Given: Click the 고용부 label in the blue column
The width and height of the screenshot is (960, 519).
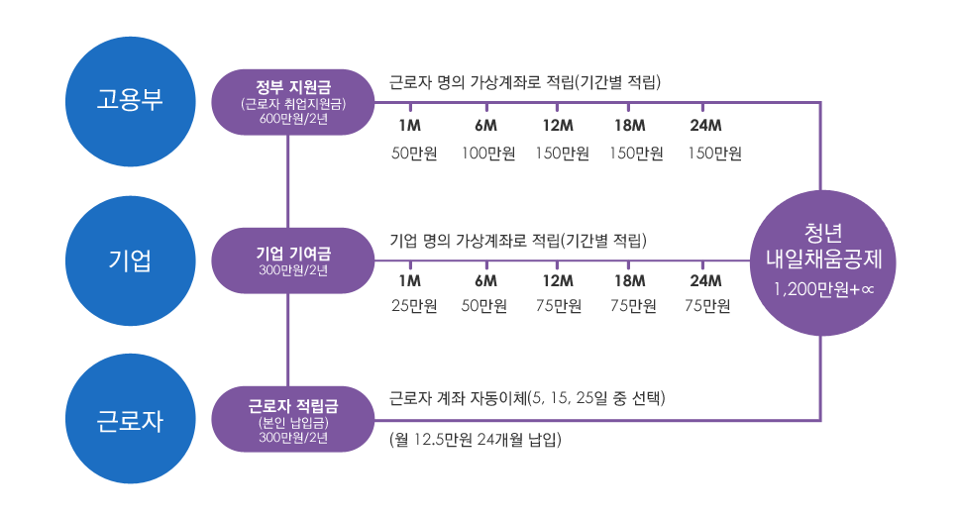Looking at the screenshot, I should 130,100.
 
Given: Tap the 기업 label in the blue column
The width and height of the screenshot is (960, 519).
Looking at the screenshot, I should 130,261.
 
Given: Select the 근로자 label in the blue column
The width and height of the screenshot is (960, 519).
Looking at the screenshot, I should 130,422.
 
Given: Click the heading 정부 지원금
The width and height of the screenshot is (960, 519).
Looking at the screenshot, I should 286,85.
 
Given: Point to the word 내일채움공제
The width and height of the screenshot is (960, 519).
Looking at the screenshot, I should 824,260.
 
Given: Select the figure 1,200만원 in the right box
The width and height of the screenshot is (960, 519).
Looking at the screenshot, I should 809,290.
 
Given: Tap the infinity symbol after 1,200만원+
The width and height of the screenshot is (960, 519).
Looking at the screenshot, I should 867,291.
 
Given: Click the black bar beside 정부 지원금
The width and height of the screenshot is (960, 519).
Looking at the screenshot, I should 525,82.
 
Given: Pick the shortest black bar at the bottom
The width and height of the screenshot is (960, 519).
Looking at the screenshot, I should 476,440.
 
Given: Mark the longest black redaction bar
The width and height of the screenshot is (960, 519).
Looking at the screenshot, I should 567,154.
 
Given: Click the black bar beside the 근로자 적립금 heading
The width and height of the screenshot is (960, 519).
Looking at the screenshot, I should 527,398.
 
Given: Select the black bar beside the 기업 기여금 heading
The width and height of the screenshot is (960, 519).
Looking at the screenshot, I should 518,241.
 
